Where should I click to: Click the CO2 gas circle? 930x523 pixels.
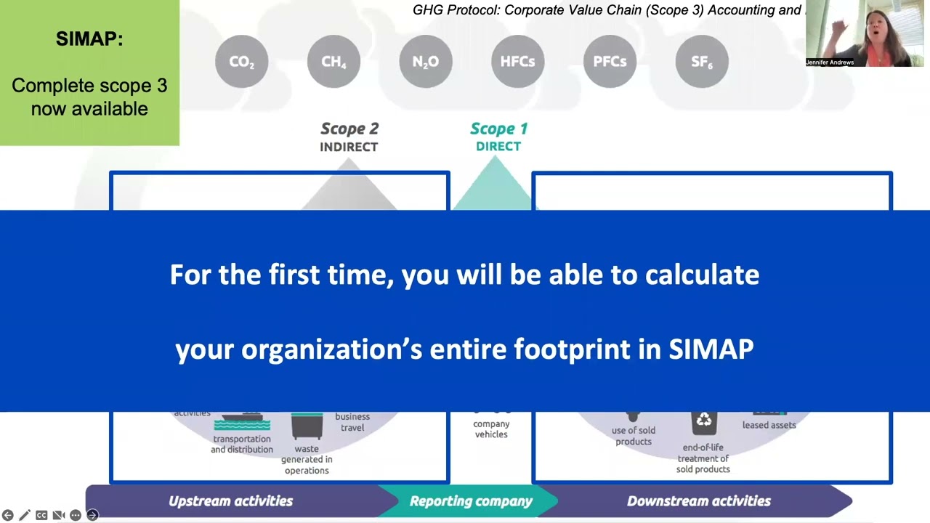(x=242, y=62)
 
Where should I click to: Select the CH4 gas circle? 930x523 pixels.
(x=333, y=62)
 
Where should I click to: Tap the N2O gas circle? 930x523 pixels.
(x=426, y=62)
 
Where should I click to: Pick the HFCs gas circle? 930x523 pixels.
(x=517, y=62)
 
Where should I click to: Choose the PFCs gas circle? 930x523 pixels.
(x=610, y=62)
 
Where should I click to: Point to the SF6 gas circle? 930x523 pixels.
(x=702, y=62)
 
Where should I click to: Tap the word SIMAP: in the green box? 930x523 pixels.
(x=89, y=39)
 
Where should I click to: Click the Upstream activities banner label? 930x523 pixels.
(x=230, y=501)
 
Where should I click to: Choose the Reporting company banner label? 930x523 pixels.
(x=471, y=501)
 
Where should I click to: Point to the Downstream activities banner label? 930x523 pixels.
(x=698, y=501)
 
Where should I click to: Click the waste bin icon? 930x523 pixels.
(x=307, y=426)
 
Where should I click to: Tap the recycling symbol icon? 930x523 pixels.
(x=703, y=421)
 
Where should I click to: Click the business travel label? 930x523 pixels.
(x=352, y=422)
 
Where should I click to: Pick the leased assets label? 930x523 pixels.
(x=769, y=425)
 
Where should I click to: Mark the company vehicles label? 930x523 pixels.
(x=491, y=429)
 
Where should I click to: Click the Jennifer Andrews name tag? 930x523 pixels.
(x=830, y=62)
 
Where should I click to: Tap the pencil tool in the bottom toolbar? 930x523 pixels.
(x=25, y=515)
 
